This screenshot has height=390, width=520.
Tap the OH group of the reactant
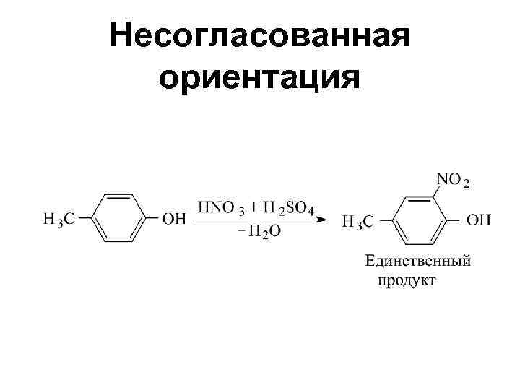173,218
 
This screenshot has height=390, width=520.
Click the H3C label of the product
357,221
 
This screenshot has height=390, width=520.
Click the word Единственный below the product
418,261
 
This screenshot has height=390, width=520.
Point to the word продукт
407,279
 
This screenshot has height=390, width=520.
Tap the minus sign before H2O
241,232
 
